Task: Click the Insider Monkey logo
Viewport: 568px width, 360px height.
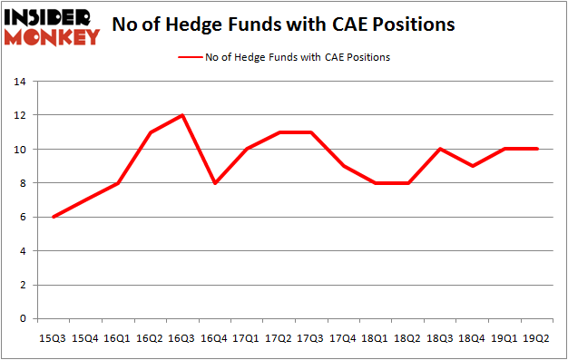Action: click(x=52, y=26)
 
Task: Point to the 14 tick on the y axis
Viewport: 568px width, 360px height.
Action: click(x=20, y=82)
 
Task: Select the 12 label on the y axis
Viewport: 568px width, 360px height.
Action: click(x=20, y=115)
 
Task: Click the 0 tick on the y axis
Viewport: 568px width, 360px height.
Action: click(x=24, y=319)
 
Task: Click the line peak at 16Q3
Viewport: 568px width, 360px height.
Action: click(x=182, y=115)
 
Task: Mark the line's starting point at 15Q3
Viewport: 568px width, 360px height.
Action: click(x=54, y=217)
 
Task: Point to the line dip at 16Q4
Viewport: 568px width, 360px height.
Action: click(x=215, y=183)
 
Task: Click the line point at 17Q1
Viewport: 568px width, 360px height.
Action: click(x=248, y=149)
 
